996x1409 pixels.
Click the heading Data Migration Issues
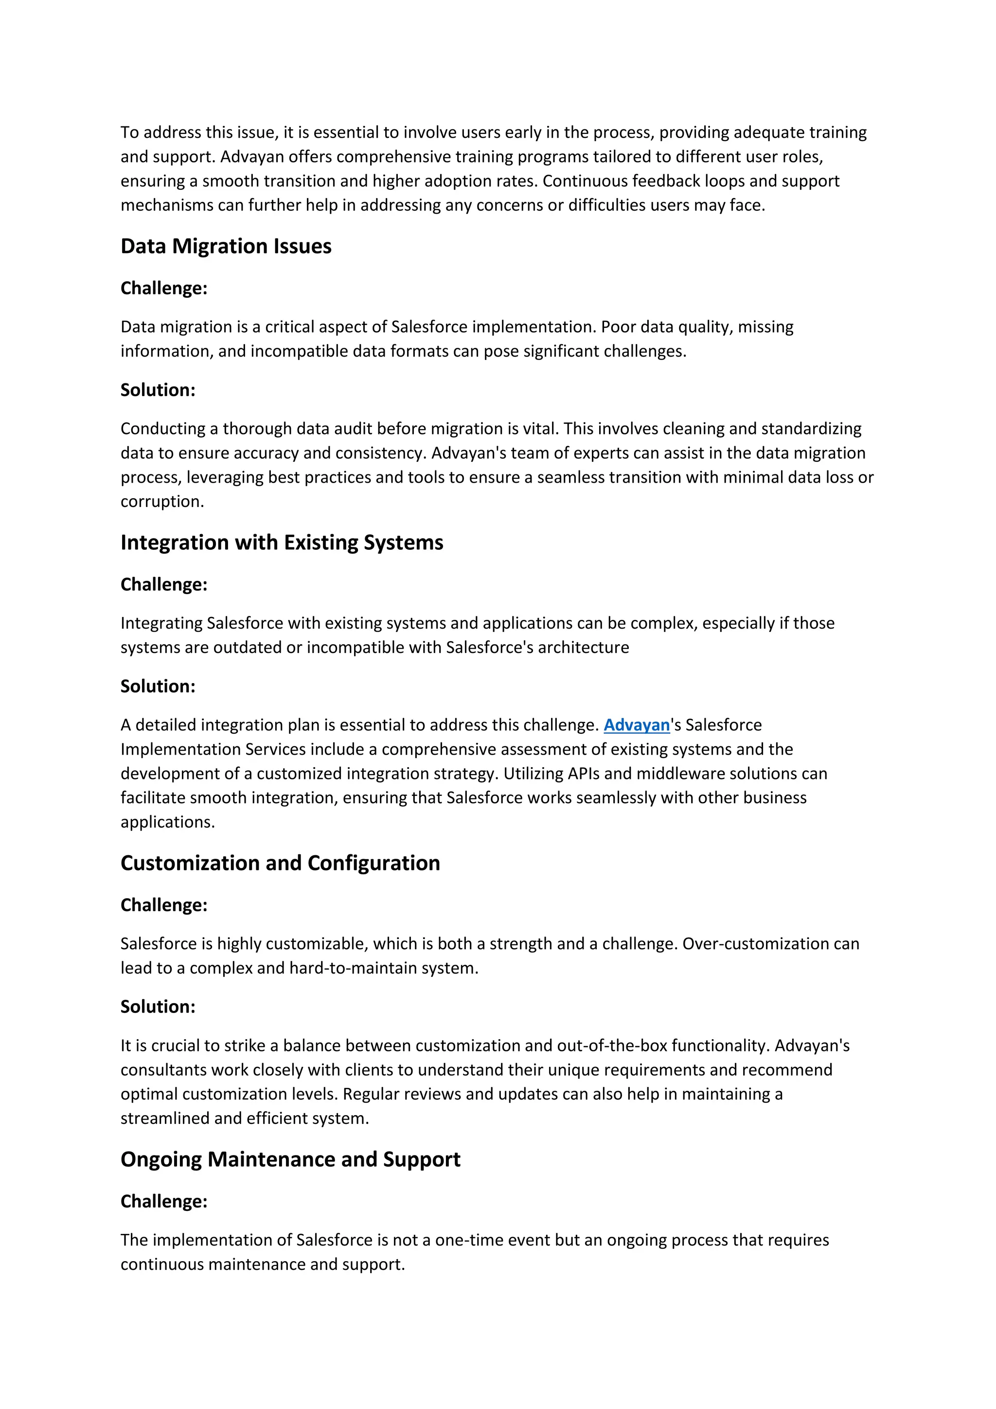coord(226,246)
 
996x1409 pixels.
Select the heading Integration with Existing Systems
coord(282,542)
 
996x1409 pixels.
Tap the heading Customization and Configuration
coord(280,863)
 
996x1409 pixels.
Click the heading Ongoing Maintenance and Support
coord(290,1159)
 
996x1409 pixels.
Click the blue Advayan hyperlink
coord(636,725)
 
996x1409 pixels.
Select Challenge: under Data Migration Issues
coord(164,288)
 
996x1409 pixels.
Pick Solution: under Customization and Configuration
coord(158,1007)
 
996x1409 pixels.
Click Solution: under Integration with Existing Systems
coord(158,686)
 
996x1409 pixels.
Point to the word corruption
coord(161,502)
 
